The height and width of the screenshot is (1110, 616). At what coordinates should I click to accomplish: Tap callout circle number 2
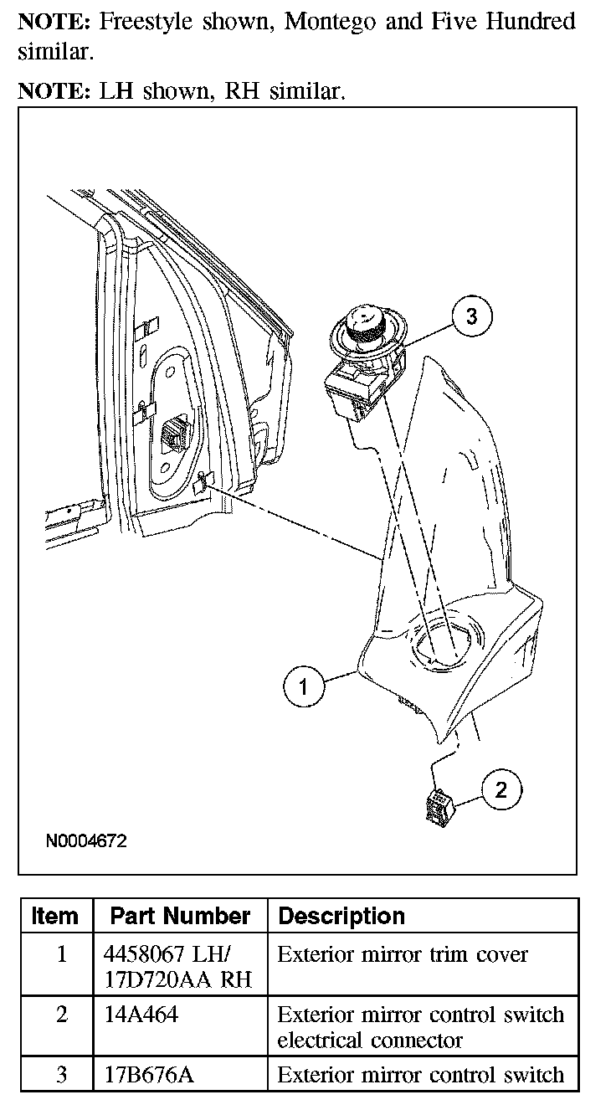[501, 789]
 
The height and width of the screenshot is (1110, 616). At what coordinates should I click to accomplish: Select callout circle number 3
[472, 316]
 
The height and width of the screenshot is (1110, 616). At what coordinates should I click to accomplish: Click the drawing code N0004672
[86, 840]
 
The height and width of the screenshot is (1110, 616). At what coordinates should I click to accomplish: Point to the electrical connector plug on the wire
[438, 808]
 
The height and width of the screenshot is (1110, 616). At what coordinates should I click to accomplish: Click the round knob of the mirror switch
[365, 324]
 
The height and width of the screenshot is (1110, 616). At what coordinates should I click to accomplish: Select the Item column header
[55, 916]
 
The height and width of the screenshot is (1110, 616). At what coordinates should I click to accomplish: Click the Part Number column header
[180, 916]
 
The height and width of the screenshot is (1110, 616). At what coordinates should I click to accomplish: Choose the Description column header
[341, 916]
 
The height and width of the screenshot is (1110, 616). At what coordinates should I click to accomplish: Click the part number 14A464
[141, 1015]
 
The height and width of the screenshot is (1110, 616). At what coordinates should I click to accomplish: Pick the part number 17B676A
[148, 1075]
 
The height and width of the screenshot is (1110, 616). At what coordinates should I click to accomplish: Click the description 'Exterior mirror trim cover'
[403, 955]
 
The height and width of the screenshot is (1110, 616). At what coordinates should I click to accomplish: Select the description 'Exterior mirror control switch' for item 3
[420, 1075]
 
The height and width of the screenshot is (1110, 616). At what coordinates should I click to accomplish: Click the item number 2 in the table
[61, 1015]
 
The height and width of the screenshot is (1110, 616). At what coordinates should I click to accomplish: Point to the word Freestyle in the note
[146, 22]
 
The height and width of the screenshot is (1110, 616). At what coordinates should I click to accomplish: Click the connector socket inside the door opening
[177, 434]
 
